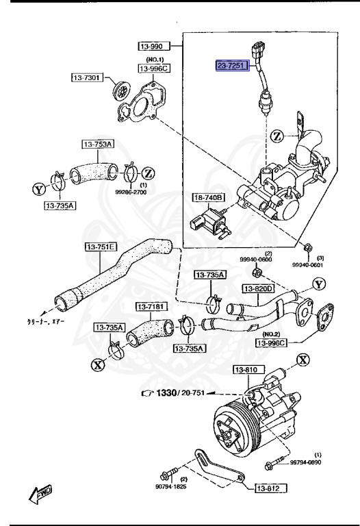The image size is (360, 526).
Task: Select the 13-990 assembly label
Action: click(153, 46)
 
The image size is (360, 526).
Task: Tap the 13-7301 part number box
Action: click(86, 77)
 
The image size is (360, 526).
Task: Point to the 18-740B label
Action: click(209, 197)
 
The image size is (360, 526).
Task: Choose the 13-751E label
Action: click(100, 247)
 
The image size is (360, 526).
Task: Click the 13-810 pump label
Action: click(247, 370)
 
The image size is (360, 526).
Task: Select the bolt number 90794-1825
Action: click(170, 488)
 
